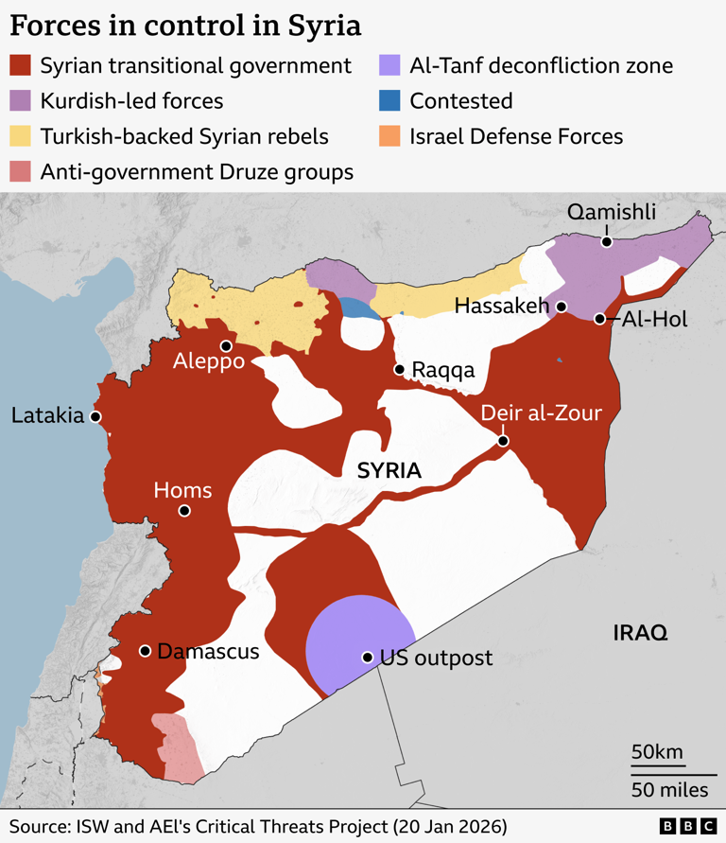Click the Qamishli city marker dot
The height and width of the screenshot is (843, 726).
click(x=607, y=241)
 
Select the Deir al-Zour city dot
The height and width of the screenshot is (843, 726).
click(x=503, y=441)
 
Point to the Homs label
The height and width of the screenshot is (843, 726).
click(x=182, y=490)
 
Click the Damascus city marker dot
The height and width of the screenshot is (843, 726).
click(x=146, y=651)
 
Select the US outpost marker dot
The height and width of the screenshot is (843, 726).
click(x=367, y=657)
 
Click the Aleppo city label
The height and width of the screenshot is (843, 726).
click(x=209, y=362)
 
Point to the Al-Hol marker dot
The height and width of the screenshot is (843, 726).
click(x=599, y=319)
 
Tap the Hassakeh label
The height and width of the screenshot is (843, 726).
click(x=502, y=306)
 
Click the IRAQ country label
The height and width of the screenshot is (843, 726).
click(x=640, y=633)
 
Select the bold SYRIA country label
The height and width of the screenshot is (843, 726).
click(x=389, y=471)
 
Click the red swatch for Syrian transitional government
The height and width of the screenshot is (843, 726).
click(x=21, y=66)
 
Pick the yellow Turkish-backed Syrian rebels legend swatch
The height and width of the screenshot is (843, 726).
click(x=21, y=136)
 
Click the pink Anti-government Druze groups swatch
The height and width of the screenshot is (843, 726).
click(x=21, y=171)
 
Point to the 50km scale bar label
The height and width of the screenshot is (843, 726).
click(x=657, y=752)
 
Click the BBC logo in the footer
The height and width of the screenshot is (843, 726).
click(x=686, y=825)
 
